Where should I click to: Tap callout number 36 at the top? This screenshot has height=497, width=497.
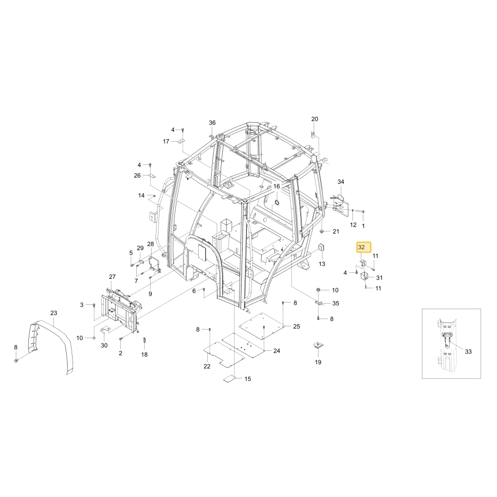[212, 123]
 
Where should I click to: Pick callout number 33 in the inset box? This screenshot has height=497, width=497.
[468, 351]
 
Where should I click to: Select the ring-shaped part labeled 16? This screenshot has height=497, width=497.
[277, 202]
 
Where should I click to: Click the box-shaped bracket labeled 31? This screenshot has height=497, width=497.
[364, 276]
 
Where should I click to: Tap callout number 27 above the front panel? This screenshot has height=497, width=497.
[112, 277]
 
